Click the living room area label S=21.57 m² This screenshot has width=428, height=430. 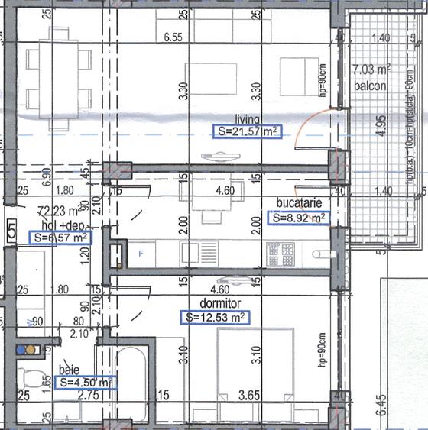coord(245,132)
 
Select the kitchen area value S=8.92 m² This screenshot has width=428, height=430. coord(300,218)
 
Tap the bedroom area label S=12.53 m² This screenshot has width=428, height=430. coord(216,316)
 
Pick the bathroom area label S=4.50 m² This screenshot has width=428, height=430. coord(86,382)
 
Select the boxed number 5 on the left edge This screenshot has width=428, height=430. coord(11,229)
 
